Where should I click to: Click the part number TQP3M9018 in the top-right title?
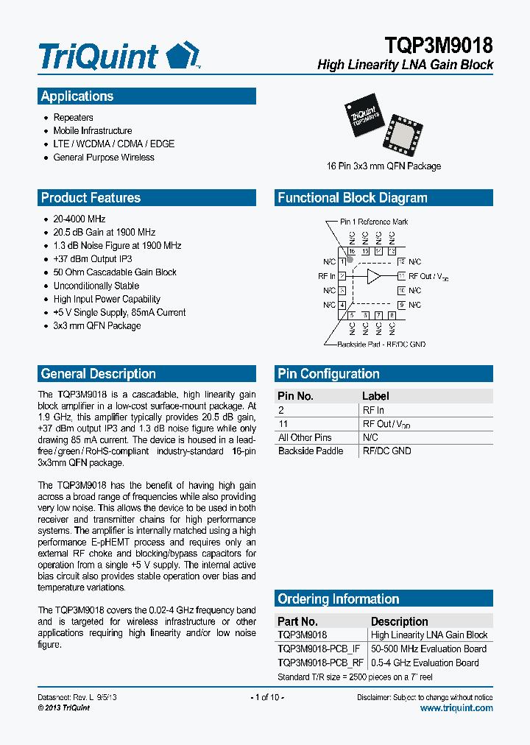pos(438,46)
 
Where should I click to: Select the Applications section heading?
pos(77,96)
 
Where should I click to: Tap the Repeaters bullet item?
pos(73,118)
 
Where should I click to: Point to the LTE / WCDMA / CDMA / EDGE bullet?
pos(113,144)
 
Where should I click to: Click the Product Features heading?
pos(91,198)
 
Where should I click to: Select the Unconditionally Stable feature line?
pos(96,286)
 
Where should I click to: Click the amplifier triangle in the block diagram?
pos(374,276)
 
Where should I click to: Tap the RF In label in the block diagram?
pos(326,277)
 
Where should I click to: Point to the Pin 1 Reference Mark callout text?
pos(373,222)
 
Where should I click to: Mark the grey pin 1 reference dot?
pos(350,260)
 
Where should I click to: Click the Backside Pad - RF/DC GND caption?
pos(381,345)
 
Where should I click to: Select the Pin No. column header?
pos(296,396)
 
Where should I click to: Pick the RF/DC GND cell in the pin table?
pos(386,451)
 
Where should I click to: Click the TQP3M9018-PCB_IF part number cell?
pos(319,649)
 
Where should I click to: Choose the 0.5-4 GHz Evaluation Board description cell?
pos(424,663)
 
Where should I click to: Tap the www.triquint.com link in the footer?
pos(456,708)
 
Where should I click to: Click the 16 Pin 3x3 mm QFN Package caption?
pos(384,166)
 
